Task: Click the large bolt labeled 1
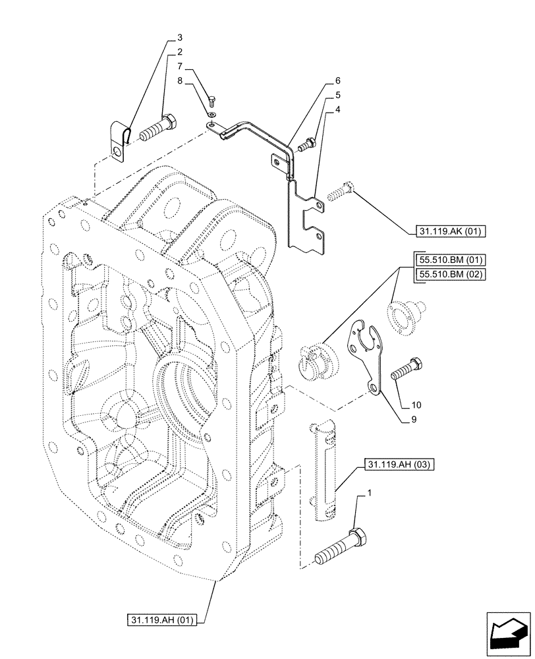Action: [339, 545]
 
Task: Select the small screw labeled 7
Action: [212, 101]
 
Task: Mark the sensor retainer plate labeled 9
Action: [366, 352]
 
